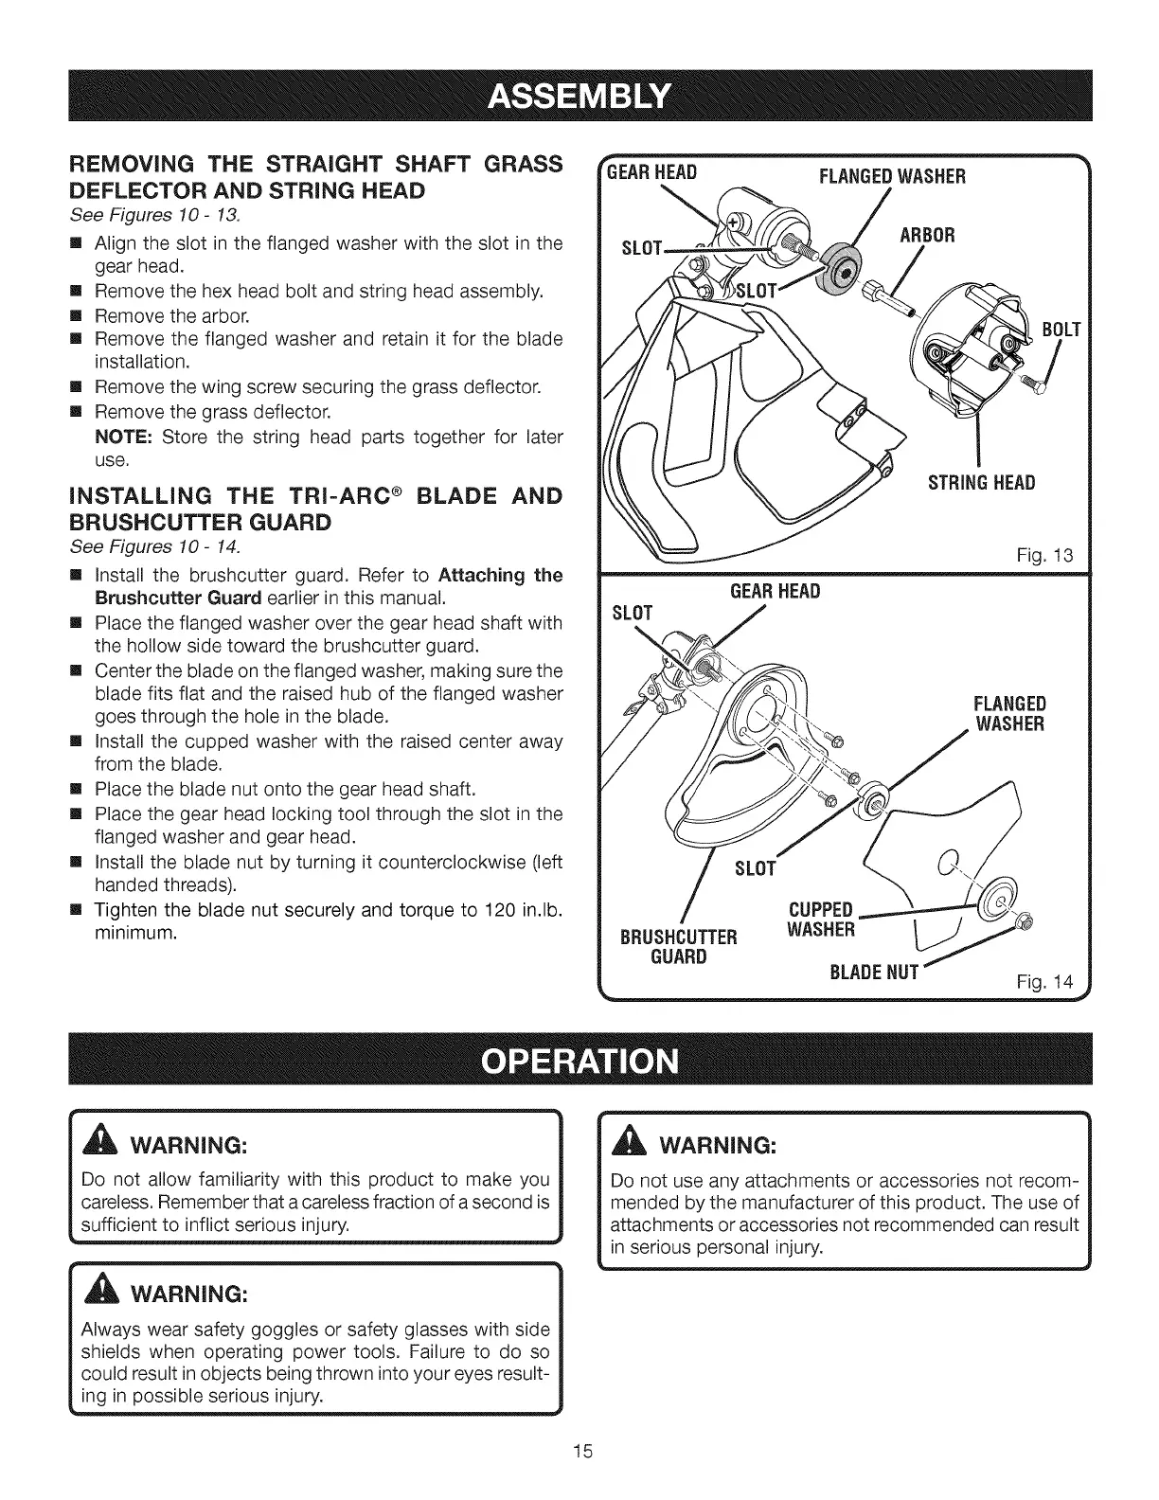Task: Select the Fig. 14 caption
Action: tap(1057, 981)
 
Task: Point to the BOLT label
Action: tap(1061, 330)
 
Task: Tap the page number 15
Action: tap(579, 1451)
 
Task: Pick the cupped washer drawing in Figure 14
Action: tap(995, 907)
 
